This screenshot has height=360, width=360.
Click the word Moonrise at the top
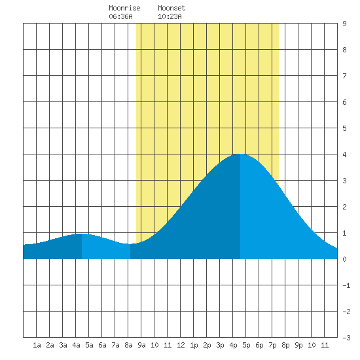124,8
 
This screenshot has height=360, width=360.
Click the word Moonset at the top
171,8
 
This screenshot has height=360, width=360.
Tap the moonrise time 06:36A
120,16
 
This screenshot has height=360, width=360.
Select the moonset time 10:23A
170,16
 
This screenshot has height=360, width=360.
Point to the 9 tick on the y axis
344,24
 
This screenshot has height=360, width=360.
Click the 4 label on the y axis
344,154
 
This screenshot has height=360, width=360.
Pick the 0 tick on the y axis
344,259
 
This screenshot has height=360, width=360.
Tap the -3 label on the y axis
346,338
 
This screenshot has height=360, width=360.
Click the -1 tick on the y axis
346,285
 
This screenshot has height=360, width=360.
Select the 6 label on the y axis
344,102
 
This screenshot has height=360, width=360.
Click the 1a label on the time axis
37,345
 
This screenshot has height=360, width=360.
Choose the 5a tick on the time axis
89,345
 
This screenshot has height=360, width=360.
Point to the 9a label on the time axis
141,345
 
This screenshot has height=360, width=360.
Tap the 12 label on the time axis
181,345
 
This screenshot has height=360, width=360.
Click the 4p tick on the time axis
233,345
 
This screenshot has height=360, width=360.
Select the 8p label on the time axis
285,345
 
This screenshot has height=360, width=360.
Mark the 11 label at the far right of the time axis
325,345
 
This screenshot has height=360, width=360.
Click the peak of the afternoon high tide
240,154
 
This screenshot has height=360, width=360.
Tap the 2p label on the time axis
207,345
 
